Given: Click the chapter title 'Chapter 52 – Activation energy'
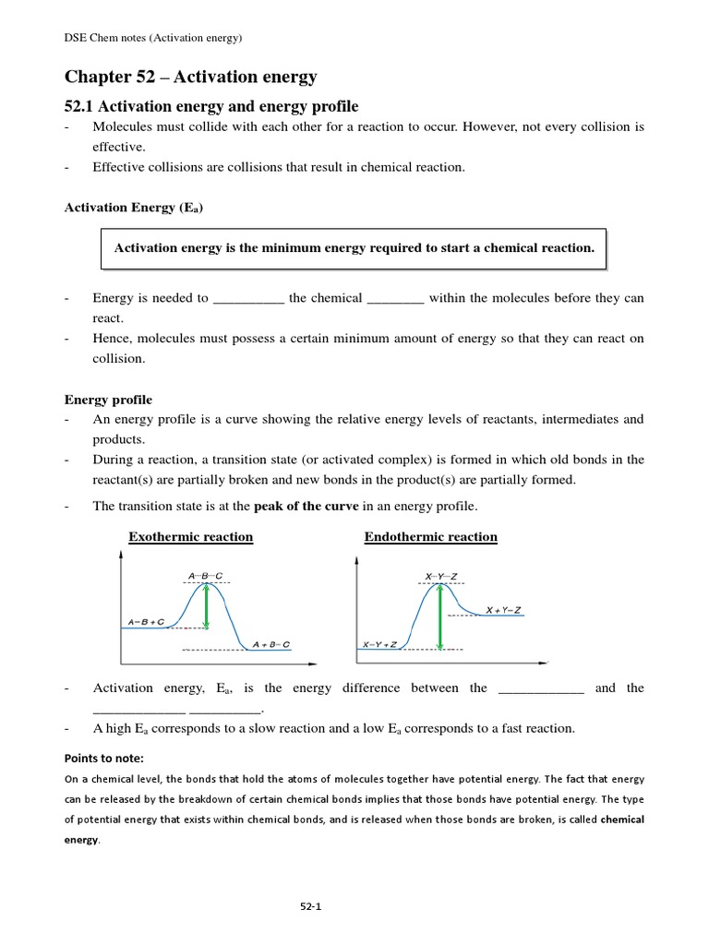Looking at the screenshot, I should [190, 77].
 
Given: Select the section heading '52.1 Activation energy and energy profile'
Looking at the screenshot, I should [210, 107].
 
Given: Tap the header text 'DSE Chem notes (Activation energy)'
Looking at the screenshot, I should [153, 38].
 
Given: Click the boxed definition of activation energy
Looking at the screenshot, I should [354, 248].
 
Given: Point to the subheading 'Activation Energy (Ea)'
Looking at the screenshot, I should [134, 208].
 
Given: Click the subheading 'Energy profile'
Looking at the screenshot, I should [108, 400].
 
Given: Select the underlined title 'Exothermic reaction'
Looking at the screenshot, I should [190, 537].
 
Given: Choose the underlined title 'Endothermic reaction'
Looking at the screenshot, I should [430, 537].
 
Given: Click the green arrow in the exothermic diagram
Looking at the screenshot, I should [206, 606].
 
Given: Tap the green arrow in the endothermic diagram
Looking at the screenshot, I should [437, 616].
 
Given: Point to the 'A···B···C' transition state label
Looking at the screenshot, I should [205, 576].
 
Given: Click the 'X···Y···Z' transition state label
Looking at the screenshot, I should [441, 577].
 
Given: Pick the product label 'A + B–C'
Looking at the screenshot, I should [271, 643].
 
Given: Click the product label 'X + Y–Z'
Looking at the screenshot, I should [503, 610].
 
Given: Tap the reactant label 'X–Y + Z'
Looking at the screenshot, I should [379, 644].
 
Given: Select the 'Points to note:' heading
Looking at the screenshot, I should [103, 758].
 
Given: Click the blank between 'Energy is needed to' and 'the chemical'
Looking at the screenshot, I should [248, 299].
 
